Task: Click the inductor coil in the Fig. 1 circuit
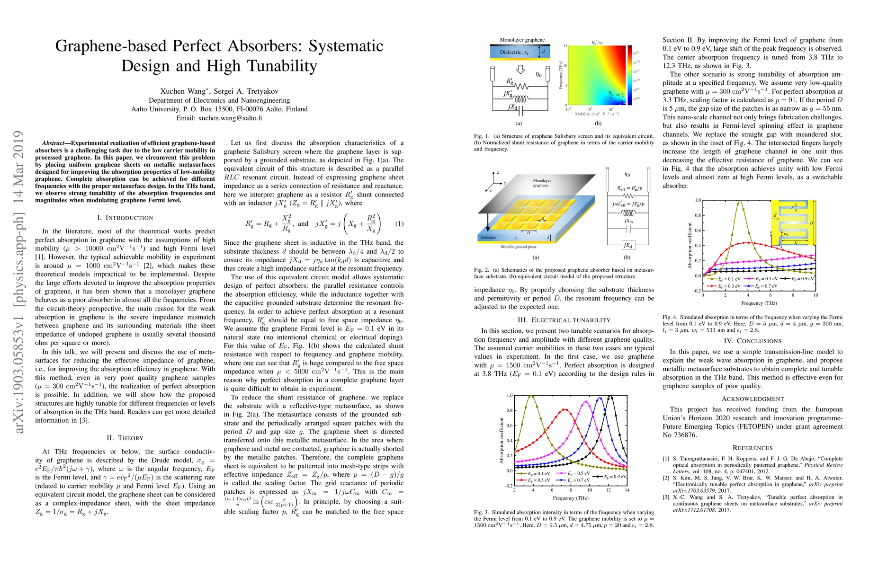pyautogui.click(x=520, y=99)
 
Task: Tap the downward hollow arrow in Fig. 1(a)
pyautogui.click(x=520, y=70)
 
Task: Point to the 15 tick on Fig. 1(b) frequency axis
pyautogui.click(x=564, y=46)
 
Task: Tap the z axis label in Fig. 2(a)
pyautogui.click(x=498, y=173)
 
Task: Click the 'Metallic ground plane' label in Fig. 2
pyautogui.click(x=519, y=247)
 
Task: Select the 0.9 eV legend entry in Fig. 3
pyautogui.click(x=612, y=476)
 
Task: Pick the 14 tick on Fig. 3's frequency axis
pyautogui.click(x=627, y=490)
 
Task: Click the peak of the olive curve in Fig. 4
pyautogui.click(x=739, y=201)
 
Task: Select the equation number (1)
pyautogui.click(x=399, y=224)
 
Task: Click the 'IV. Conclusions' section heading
pyautogui.click(x=753, y=341)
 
